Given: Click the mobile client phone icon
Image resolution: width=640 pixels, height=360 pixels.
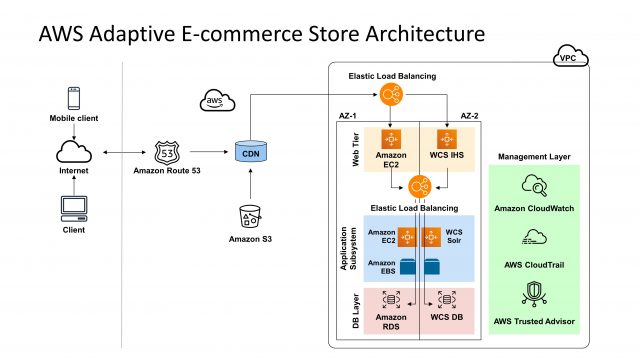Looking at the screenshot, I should (73, 99).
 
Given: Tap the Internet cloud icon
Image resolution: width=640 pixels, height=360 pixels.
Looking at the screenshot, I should (73, 152).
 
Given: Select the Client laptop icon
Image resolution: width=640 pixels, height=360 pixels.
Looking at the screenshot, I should (73, 207).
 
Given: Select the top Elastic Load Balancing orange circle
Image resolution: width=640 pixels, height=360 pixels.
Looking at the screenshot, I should (390, 96).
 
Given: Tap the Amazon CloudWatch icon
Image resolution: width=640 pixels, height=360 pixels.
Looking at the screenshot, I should (532, 185).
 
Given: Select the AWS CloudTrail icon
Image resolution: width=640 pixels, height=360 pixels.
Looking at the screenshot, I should (532, 238).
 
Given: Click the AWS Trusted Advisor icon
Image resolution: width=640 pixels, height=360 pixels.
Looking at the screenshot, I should (532, 292).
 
